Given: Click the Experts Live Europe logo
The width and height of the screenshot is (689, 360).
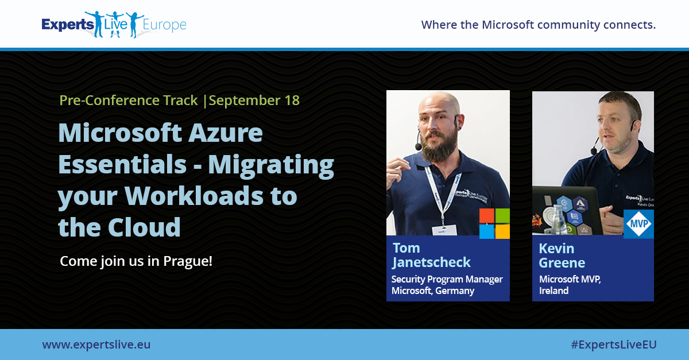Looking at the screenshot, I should click(x=114, y=25).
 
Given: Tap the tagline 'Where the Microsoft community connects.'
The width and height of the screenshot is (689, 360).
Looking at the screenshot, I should click(x=538, y=25).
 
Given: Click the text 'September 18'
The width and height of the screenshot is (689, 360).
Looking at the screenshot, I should click(x=254, y=100).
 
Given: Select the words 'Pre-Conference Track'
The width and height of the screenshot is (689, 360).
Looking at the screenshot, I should click(x=129, y=100).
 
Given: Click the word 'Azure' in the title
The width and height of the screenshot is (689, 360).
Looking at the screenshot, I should click(x=227, y=134).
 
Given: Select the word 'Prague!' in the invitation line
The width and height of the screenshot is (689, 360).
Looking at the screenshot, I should click(x=188, y=261).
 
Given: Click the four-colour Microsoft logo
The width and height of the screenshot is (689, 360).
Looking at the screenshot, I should click(x=494, y=223).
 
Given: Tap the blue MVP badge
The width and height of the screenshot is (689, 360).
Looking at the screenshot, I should click(x=638, y=224).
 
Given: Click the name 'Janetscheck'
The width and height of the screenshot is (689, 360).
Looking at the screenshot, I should click(x=431, y=262).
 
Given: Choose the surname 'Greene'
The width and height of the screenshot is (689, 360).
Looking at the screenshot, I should click(x=562, y=263).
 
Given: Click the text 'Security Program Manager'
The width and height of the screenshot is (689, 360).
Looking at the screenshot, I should click(x=447, y=280).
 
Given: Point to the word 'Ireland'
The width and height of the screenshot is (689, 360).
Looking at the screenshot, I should click(x=553, y=291).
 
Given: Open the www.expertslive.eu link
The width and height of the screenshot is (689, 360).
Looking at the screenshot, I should click(x=96, y=344).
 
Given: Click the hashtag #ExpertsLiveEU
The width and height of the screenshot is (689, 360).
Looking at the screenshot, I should click(x=613, y=344).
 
